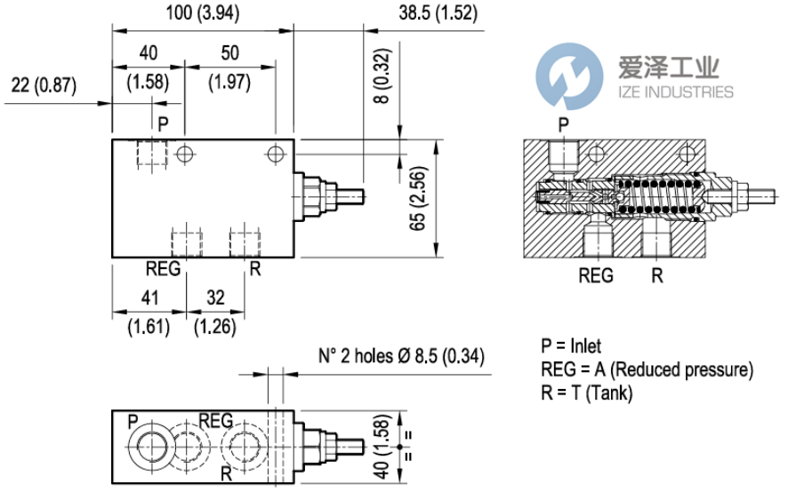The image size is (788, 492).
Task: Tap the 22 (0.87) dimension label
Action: point(44,85)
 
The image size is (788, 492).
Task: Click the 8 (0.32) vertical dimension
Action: point(381,89)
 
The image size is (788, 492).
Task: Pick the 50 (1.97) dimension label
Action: point(229,67)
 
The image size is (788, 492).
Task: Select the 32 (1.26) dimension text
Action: point(215,312)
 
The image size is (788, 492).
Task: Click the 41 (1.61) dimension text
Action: point(147,312)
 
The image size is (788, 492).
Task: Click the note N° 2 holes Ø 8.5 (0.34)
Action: point(401,357)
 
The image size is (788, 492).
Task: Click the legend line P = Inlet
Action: point(571,346)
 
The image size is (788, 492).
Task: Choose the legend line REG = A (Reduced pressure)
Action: point(647,369)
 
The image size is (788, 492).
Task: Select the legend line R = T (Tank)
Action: point(586,393)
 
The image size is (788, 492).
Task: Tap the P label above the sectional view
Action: point(562,123)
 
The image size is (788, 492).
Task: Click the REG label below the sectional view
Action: point(596,275)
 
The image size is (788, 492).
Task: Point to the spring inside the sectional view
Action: point(656,198)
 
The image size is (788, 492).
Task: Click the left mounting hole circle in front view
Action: point(185,154)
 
